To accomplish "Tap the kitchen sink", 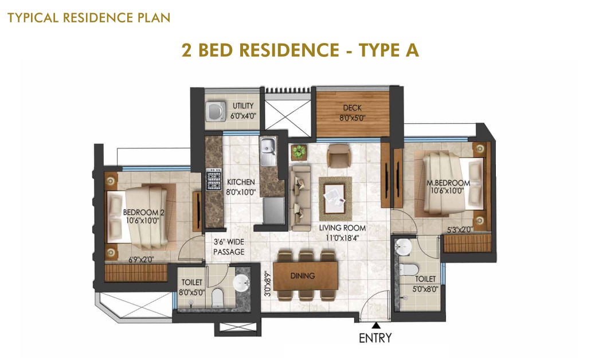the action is (268, 151).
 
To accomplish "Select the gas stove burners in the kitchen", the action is (214, 179).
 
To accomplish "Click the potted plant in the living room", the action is (299, 152).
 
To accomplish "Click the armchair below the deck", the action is (338, 155).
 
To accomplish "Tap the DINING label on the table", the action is (303, 276).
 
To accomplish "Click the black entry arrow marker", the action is (376, 325).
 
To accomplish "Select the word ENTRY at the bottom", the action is (375, 338).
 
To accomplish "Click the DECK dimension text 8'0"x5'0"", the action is (352, 118).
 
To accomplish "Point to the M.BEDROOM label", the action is (448, 183).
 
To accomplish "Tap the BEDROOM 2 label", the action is (143, 212).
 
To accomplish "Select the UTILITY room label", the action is (243, 106).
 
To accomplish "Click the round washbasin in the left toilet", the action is (241, 283).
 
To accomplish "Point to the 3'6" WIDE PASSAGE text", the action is (229, 246).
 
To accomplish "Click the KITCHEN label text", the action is (241, 182).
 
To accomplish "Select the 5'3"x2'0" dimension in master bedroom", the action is (460, 229).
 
